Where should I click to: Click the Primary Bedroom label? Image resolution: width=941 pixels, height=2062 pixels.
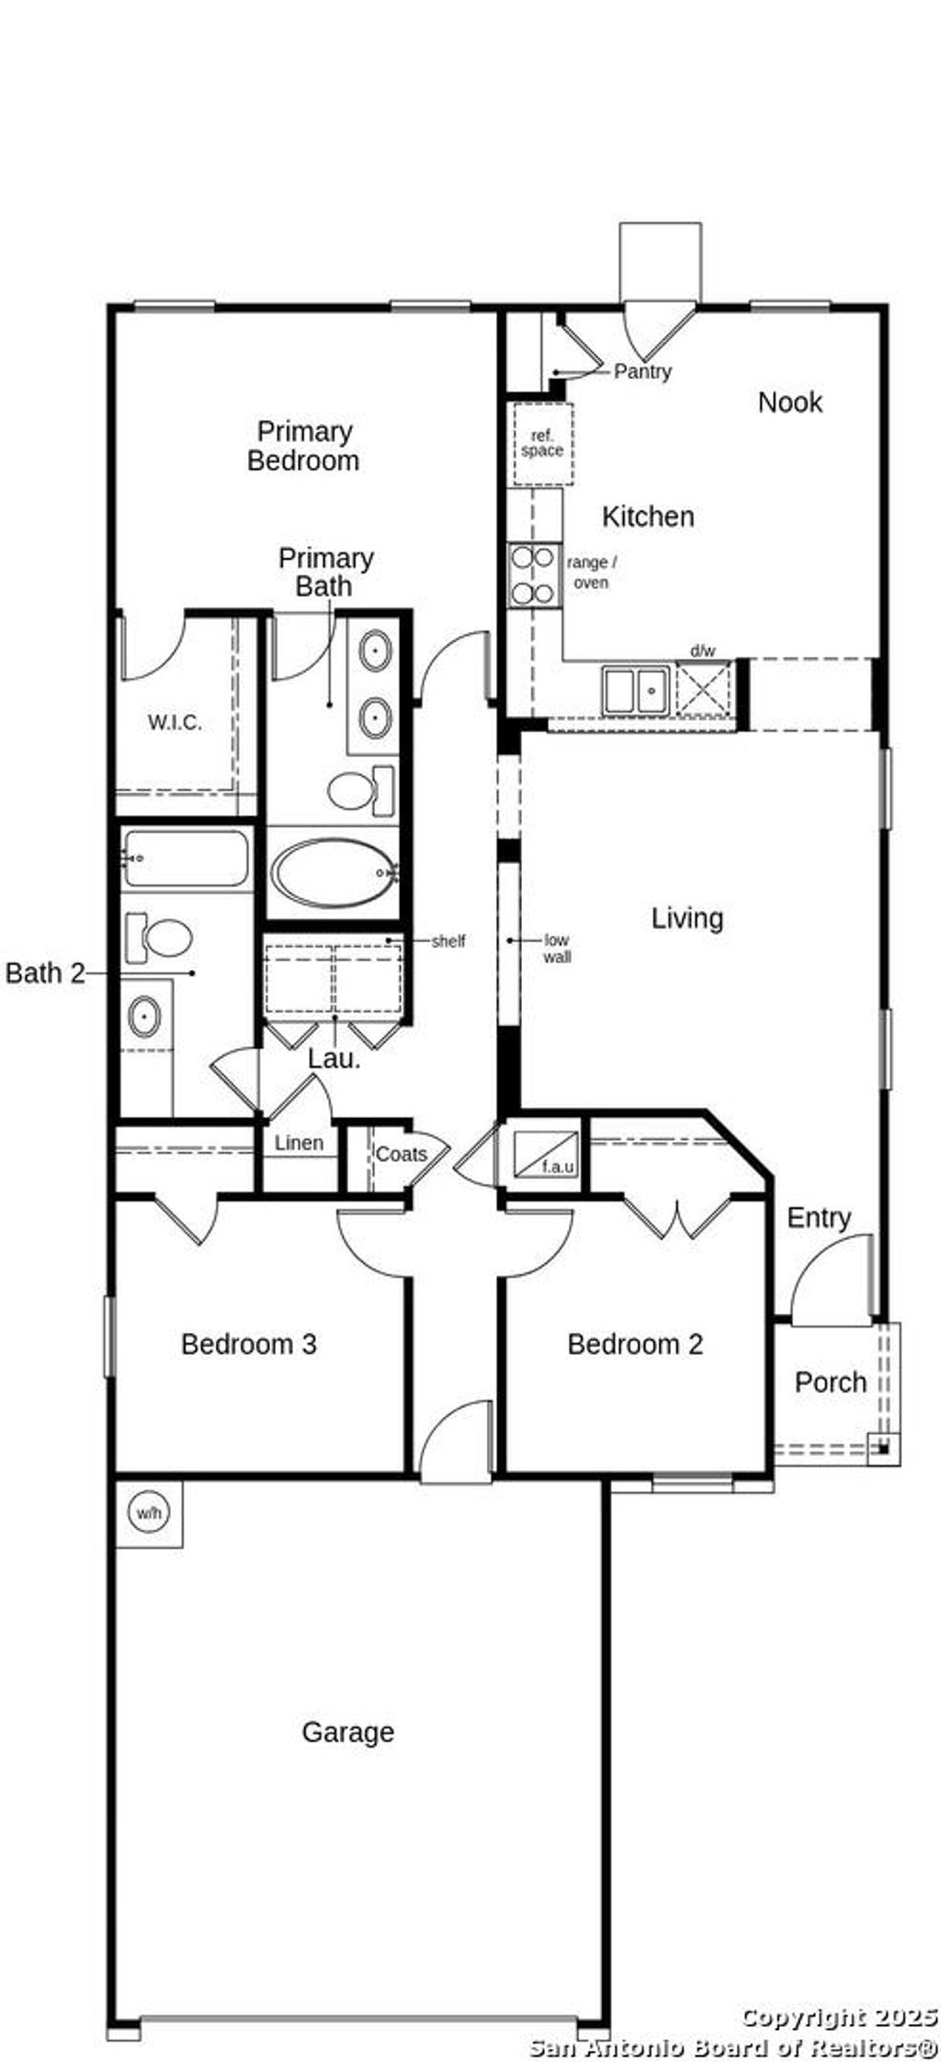click(x=302, y=446)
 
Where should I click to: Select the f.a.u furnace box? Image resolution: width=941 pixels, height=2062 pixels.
click(x=546, y=1155)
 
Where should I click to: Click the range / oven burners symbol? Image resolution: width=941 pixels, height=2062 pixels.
click(x=534, y=575)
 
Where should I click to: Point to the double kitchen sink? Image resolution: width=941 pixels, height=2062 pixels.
click(x=635, y=689)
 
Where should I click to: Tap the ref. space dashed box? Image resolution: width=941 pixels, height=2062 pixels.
click(x=542, y=444)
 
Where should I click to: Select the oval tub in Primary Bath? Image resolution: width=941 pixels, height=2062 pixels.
click(x=334, y=872)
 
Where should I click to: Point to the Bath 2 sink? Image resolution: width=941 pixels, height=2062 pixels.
click(x=144, y=1017)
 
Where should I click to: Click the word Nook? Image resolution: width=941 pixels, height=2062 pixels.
click(x=789, y=402)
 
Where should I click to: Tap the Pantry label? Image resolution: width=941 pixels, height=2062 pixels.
click(x=642, y=371)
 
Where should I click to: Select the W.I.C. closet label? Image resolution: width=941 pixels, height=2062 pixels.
click(x=175, y=723)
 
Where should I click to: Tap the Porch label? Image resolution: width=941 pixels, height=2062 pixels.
click(x=830, y=1382)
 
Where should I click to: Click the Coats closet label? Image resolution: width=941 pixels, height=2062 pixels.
click(x=401, y=1154)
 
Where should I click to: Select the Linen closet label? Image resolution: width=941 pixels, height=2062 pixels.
click(x=300, y=1143)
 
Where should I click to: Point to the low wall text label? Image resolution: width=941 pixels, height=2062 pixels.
click(x=557, y=948)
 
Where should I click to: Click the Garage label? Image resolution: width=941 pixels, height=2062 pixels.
click(x=347, y=1732)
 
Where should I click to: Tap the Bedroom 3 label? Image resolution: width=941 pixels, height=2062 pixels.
click(x=248, y=1344)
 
